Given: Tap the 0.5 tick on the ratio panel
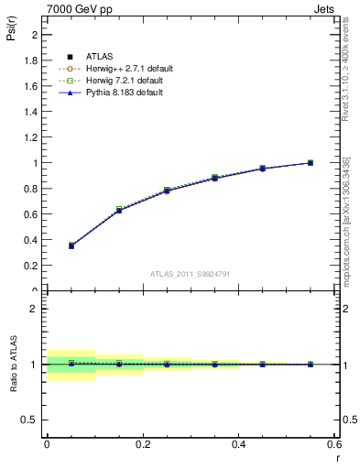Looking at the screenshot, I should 33,419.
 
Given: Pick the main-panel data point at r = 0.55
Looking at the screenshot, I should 311,163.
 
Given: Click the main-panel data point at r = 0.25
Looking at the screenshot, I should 167,190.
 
